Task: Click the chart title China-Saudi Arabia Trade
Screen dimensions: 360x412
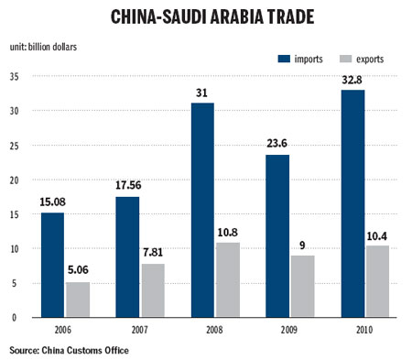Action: (x=206, y=17)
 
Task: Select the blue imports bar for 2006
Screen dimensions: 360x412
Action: (x=51, y=265)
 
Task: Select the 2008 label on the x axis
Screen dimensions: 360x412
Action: (x=215, y=329)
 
